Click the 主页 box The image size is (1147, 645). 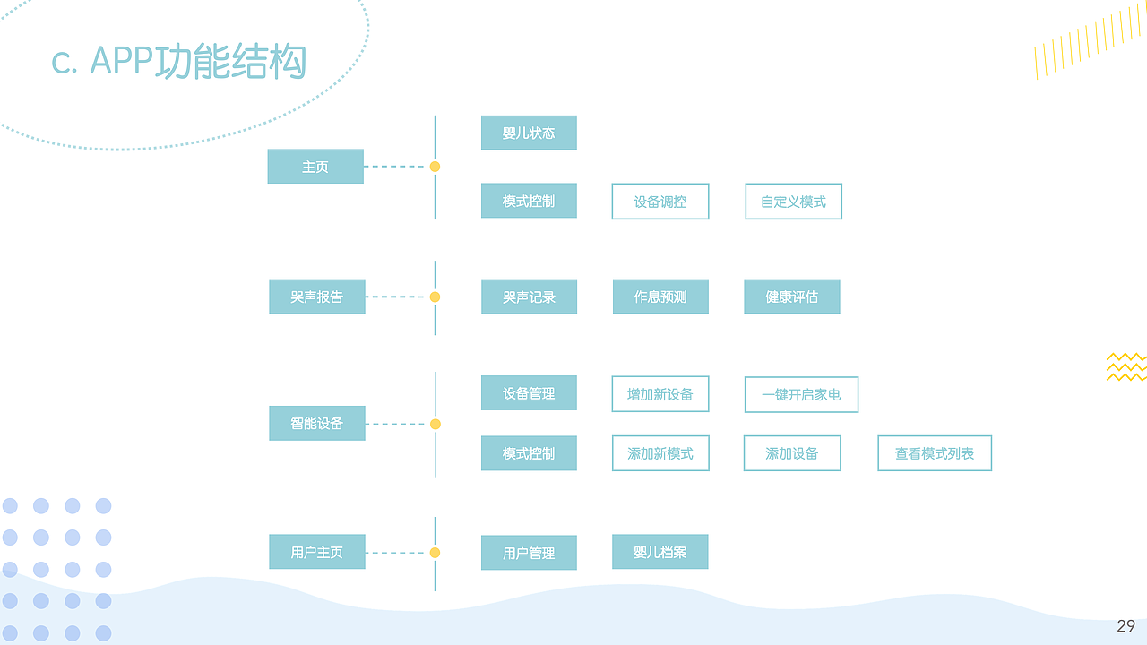tap(315, 167)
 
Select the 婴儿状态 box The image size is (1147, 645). tap(529, 133)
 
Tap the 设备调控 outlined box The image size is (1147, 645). tap(660, 202)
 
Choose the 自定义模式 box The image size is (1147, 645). tap(793, 202)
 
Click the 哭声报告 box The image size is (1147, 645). tap(316, 297)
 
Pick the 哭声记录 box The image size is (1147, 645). tap(529, 297)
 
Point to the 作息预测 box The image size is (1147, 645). tap(660, 297)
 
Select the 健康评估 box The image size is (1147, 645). tap(792, 297)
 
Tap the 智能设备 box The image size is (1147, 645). tap(316, 423)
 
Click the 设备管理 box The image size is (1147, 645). tap(529, 393)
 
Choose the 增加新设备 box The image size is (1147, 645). tap(660, 394)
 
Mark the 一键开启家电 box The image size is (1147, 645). tap(801, 394)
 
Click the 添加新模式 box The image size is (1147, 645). tap(660, 453)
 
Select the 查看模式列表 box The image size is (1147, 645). tap(935, 453)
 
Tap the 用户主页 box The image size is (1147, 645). tap(316, 552)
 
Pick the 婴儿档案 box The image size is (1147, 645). tap(660, 552)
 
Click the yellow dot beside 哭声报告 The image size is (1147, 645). tap(435, 297)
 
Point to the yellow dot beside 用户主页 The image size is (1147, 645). tap(435, 553)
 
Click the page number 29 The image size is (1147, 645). tap(1125, 626)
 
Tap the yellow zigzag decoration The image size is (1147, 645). tap(1126, 366)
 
